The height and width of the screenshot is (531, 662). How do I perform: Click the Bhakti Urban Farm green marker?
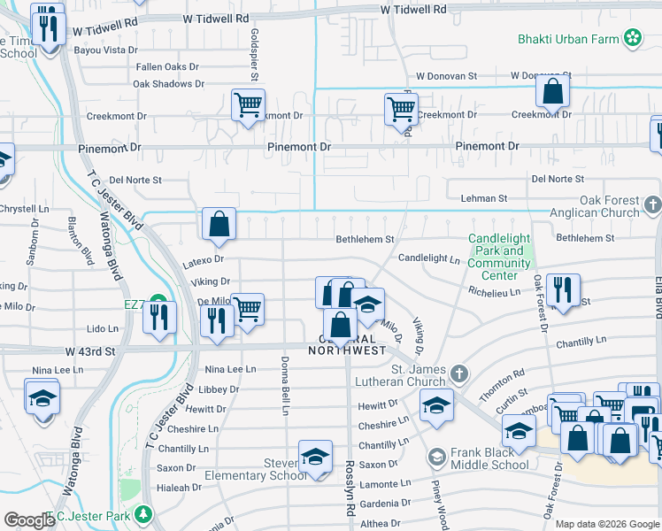633,37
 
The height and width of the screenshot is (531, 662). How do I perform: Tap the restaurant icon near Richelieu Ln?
563,289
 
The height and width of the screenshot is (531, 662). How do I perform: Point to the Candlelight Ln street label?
429,259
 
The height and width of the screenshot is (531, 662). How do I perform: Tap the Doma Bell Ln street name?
285,389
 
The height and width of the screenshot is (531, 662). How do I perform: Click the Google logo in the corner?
29,520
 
